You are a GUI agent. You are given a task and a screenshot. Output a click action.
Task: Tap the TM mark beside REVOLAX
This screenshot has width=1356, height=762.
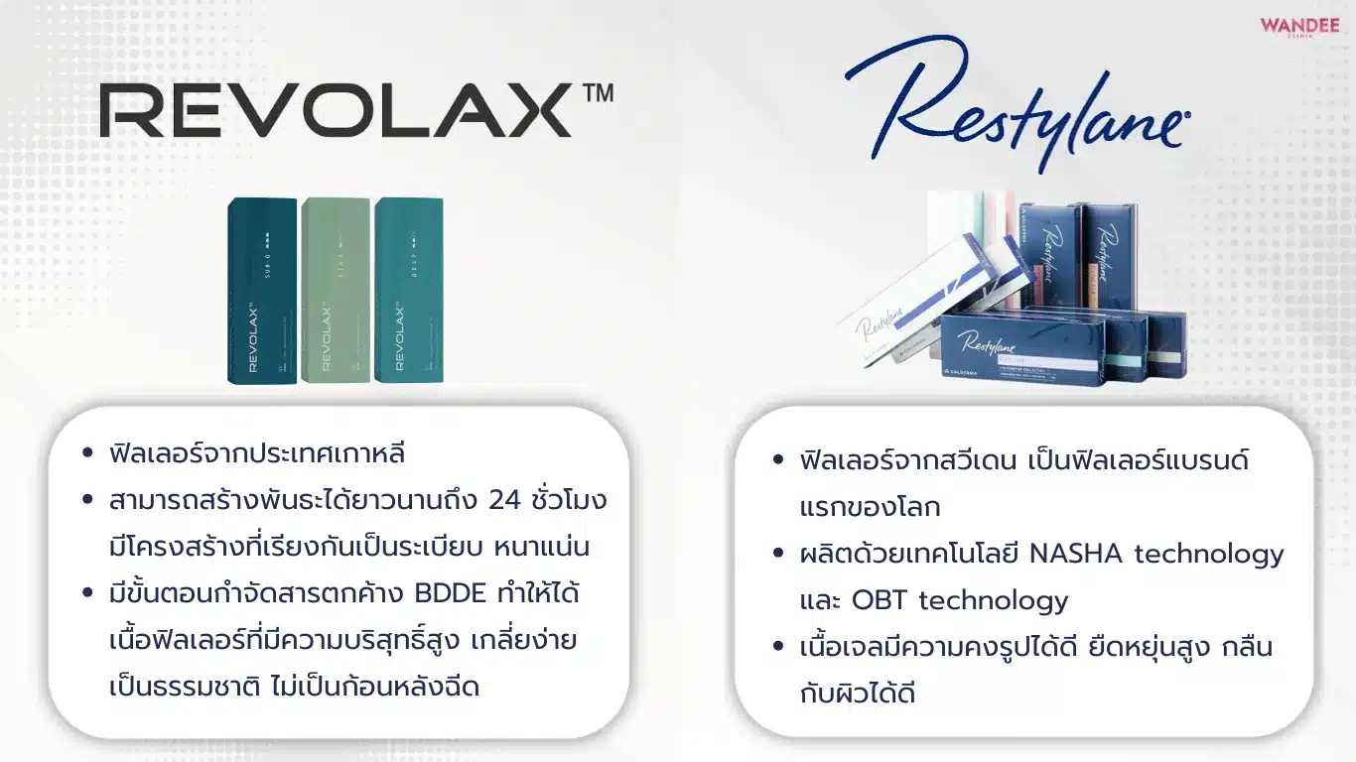tap(598, 93)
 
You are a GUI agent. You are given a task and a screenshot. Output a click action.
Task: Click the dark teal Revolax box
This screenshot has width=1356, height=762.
tap(262, 290)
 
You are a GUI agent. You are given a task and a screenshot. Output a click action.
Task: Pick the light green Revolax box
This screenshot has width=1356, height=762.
tap(336, 290)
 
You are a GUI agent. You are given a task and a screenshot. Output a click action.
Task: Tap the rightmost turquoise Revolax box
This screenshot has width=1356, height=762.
tap(408, 290)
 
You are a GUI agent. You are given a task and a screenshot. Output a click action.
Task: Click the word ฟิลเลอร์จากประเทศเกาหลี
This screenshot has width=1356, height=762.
tap(258, 453)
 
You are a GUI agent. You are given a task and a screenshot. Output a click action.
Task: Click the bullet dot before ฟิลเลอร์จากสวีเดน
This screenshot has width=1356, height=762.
tap(778, 461)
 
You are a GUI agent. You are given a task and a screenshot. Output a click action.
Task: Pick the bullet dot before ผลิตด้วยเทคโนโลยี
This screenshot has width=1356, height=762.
tap(778, 555)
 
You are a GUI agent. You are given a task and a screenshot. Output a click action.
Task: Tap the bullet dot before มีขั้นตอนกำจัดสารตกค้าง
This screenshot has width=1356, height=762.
tap(88, 594)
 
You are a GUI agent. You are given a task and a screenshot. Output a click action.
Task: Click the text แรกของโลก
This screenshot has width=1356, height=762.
tap(870, 507)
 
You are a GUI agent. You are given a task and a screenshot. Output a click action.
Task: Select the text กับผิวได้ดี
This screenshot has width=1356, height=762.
tap(857, 694)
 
